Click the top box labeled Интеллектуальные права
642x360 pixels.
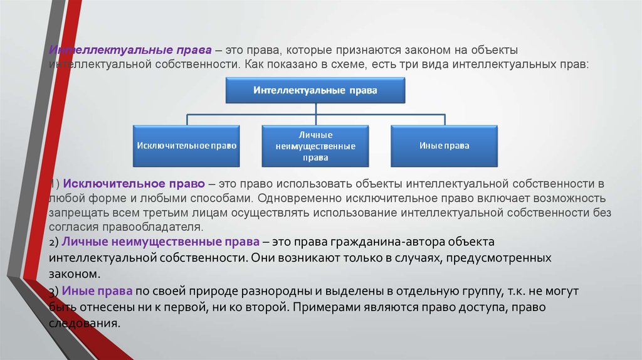[x=315, y=90]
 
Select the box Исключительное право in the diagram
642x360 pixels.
[x=186, y=146]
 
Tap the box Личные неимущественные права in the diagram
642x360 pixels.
[x=315, y=146]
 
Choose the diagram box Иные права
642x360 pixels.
[x=444, y=146]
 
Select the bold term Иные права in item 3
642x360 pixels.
[x=97, y=291]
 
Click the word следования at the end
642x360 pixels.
[x=84, y=324]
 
